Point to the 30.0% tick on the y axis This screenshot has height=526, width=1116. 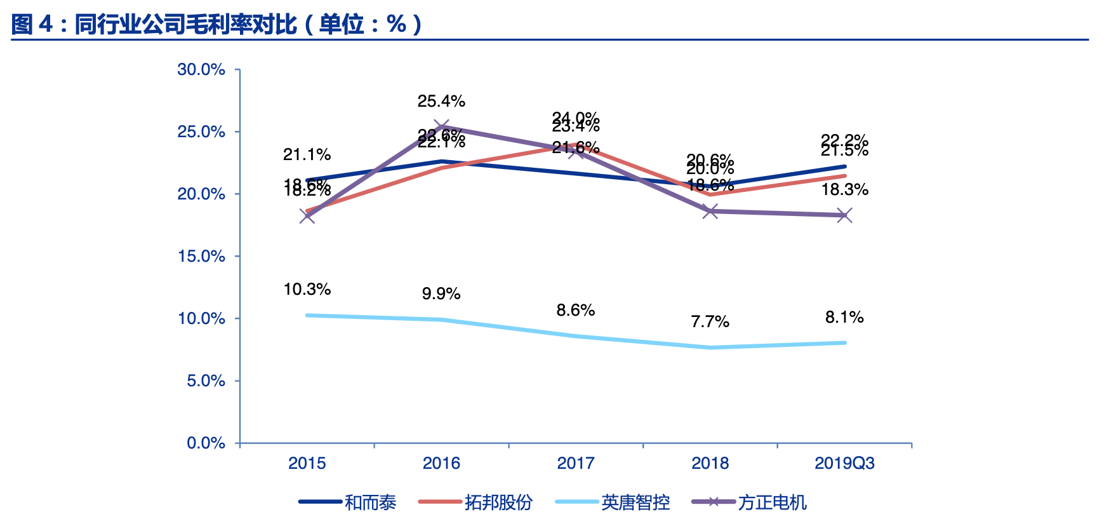click(x=201, y=70)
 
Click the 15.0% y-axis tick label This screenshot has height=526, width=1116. click(x=201, y=257)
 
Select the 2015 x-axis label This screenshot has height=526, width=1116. click(x=307, y=463)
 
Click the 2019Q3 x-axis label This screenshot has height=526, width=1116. click(x=844, y=463)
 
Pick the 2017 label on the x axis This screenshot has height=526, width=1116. click(x=575, y=463)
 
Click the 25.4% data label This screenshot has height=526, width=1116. click(x=441, y=101)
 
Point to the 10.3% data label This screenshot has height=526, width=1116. click(x=307, y=290)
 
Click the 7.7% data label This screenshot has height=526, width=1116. click(x=710, y=322)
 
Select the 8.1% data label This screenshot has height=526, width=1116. click(x=844, y=318)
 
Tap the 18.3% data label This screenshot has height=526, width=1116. click(x=844, y=190)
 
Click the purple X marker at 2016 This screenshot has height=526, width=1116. click(x=441, y=127)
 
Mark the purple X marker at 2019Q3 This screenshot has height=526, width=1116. click(x=844, y=215)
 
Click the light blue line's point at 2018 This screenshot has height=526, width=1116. click(x=710, y=347)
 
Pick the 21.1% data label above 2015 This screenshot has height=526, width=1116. click(x=307, y=154)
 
